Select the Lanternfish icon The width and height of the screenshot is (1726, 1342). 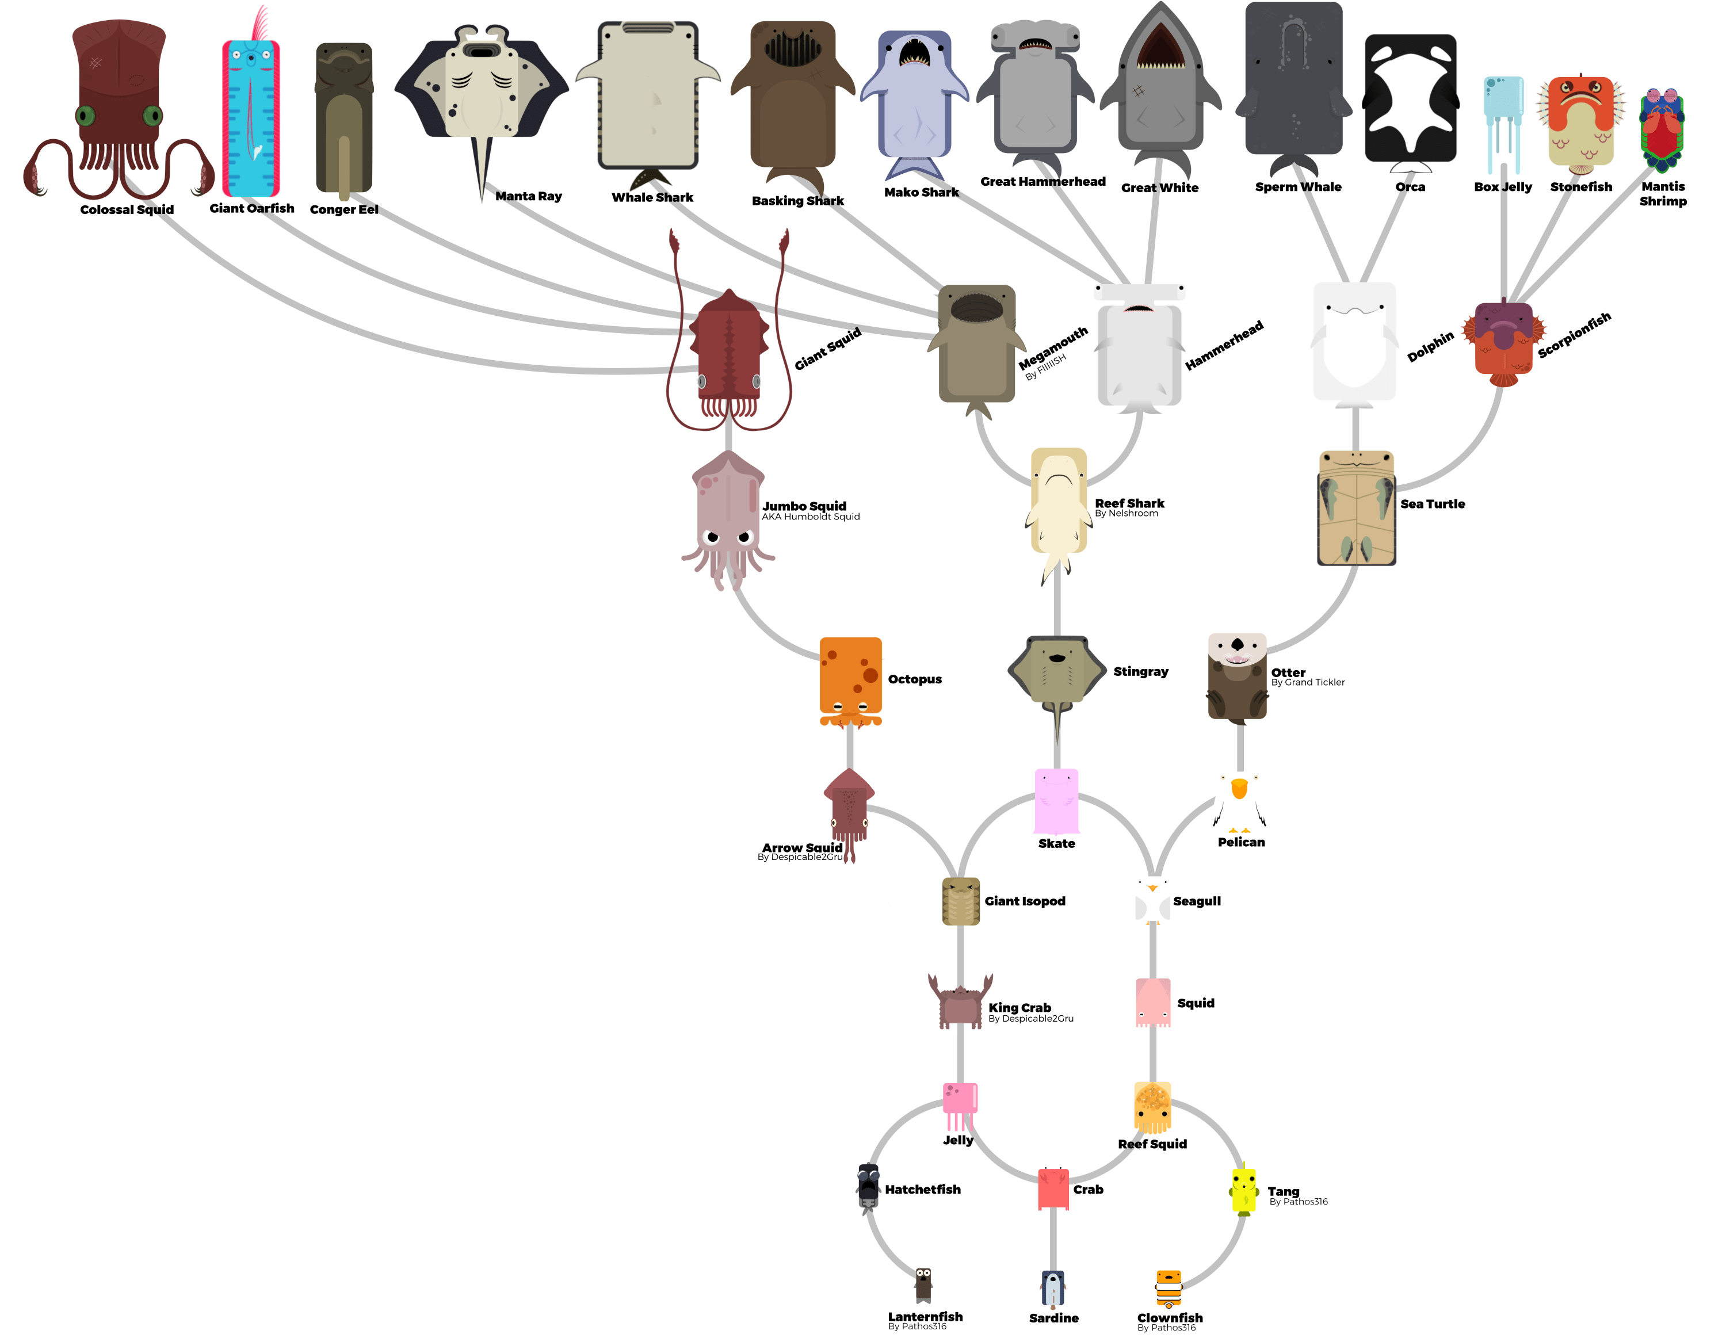923,1284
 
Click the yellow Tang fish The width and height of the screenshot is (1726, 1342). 1244,1190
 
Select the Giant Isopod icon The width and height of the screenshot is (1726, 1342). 961,901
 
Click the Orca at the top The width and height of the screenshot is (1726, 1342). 1411,99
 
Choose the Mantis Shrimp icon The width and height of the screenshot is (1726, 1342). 1662,131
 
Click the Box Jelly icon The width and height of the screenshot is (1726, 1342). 1503,118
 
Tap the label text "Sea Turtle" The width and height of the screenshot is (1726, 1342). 1433,504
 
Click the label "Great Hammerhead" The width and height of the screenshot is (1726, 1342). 1043,182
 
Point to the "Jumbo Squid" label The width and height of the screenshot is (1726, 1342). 804,506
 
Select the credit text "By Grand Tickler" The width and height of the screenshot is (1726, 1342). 1308,683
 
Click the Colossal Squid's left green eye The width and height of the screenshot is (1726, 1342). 85,116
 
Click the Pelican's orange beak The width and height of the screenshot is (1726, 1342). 1239,789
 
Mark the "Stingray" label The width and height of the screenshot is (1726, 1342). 1140,672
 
